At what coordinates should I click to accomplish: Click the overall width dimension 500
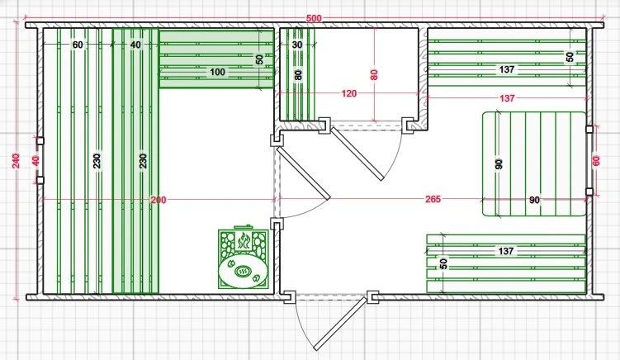pyautogui.click(x=314, y=19)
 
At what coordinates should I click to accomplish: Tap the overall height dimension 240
pyautogui.click(x=16, y=161)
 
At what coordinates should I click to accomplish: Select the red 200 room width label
pyautogui.click(x=159, y=200)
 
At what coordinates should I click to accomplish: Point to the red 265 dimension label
pyautogui.click(x=433, y=199)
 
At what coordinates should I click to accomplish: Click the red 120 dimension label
pyautogui.click(x=348, y=94)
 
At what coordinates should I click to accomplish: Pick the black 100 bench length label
pyautogui.click(x=217, y=72)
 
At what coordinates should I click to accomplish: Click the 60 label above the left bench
pyautogui.click(x=78, y=45)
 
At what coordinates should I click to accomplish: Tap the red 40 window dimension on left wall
pyautogui.click(x=35, y=161)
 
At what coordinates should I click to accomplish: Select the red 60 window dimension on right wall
pyautogui.click(x=596, y=161)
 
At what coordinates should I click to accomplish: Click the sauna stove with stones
pyautogui.click(x=244, y=258)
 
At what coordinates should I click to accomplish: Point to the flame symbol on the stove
pyautogui.click(x=244, y=240)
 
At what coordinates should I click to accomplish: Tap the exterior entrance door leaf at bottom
pyautogui.click(x=339, y=324)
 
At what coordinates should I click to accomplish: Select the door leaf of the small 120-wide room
pyautogui.click(x=357, y=154)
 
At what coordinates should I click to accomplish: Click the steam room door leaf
pyautogui.click(x=303, y=173)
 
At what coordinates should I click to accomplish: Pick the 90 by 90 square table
pyautogui.click(x=534, y=163)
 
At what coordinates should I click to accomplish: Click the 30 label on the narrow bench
pyautogui.click(x=297, y=45)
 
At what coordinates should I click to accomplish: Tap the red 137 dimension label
pyautogui.click(x=507, y=97)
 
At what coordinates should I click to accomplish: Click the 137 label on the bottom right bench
pyautogui.click(x=506, y=251)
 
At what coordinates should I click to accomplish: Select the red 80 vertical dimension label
pyautogui.click(x=374, y=75)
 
